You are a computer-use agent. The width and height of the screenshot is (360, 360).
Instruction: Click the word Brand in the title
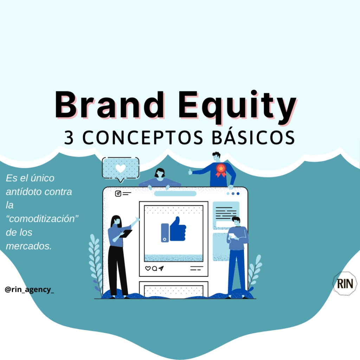(110, 105)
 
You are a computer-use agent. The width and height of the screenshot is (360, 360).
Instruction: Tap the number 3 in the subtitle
(69, 137)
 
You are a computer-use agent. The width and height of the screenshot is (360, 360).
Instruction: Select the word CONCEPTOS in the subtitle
(143, 137)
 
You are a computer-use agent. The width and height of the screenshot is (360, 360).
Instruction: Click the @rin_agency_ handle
(30, 290)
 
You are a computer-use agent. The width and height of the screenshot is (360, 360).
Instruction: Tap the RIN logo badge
(345, 284)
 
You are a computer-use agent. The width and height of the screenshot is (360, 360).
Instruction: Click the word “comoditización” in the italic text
(42, 219)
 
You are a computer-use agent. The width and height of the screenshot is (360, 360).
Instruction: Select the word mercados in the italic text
(29, 246)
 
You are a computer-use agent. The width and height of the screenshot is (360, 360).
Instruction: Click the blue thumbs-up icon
(174, 229)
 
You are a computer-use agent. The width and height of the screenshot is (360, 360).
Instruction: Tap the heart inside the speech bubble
(121, 168)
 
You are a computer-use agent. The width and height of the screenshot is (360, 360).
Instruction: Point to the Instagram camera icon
(118, 194)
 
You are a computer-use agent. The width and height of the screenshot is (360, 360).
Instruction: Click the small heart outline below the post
(148, 268)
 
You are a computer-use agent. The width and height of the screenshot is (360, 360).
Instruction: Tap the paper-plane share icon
(161, 268)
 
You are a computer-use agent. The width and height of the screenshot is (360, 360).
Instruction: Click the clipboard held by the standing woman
(126, 233)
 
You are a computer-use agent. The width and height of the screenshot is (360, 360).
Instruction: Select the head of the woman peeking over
(160, 173)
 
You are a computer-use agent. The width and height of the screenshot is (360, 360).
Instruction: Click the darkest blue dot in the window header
(238, 194)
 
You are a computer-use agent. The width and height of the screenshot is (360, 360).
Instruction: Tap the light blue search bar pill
(175, 194)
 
